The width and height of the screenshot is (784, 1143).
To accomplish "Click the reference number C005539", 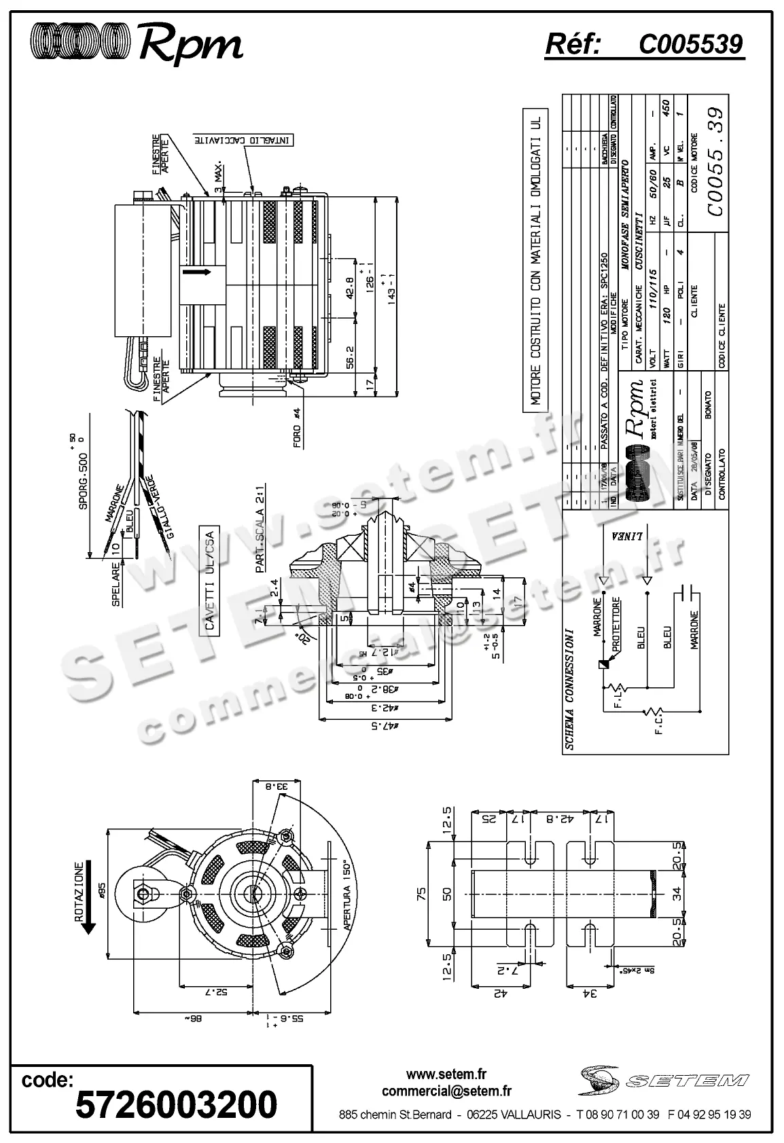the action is point(690,45).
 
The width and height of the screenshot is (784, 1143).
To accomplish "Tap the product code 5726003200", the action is point(177,1104).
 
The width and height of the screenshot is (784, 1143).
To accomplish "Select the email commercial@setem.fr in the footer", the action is point(446,1091).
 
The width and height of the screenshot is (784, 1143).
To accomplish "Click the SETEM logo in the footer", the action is point(662,1079).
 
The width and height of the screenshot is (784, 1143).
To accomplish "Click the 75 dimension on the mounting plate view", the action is point(421,892).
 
